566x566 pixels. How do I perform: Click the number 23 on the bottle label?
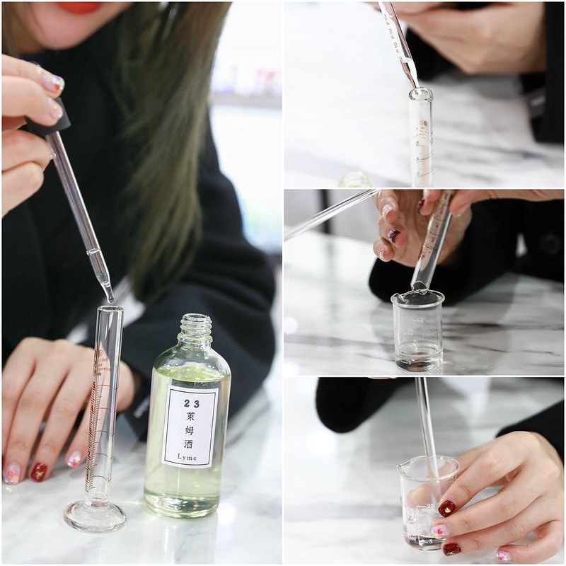[189, 404]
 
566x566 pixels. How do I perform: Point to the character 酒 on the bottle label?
[189, 445]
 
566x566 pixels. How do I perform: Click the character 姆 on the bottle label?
[189, 432]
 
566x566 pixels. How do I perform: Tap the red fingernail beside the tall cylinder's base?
[38, 471]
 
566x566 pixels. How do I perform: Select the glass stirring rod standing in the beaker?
[427, 424]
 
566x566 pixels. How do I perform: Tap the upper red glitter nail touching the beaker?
[447, 508]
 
